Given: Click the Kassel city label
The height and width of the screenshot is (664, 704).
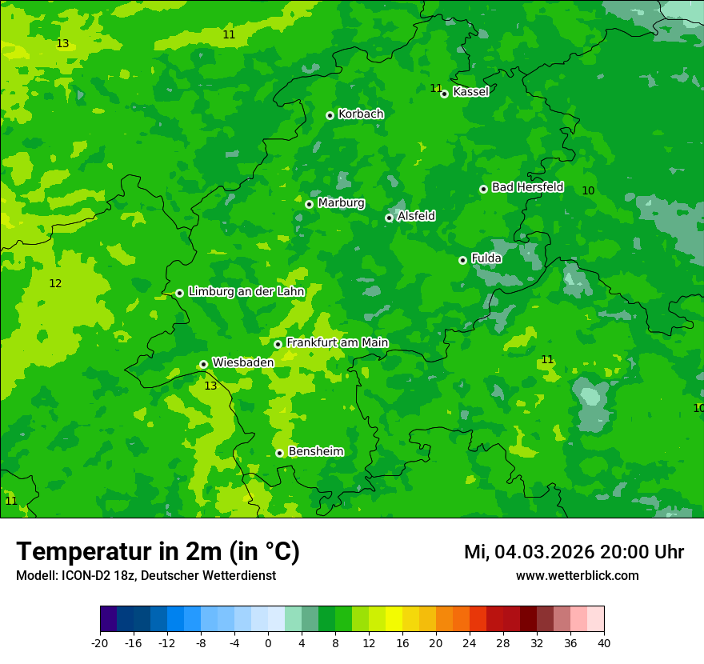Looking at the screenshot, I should (x=470, y=92).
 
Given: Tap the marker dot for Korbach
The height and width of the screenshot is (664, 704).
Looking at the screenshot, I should (x=330, y=115).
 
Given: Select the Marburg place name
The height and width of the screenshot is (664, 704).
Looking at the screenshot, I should (x=341, y=203).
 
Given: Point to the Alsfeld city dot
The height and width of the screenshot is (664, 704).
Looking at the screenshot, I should (x=389, y=218).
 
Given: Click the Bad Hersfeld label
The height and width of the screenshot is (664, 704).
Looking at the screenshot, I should (x=527, y=187).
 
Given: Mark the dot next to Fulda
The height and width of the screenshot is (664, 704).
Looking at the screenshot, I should (x=462, y=260).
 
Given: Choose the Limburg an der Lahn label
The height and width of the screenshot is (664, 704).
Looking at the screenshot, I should (x=246, y=292).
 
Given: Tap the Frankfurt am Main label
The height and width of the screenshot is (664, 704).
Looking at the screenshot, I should (x=337, y=342).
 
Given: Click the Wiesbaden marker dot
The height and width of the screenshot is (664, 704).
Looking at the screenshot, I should (x=204, y=364).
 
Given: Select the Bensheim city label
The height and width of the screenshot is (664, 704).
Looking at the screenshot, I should (x=315, y=451).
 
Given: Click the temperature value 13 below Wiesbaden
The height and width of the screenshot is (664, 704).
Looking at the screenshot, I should (x=210, y=386).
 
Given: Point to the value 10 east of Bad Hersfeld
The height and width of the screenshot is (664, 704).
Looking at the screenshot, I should (x=588, y=190).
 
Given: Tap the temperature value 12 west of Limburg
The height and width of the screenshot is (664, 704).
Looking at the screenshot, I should (x=55, y=283).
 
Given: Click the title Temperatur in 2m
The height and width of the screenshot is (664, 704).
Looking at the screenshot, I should (x=158, y=551).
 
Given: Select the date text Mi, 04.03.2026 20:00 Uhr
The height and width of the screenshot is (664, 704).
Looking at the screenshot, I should (x=574, y=552).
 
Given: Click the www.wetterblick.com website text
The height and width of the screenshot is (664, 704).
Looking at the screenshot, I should (x=577, y=576).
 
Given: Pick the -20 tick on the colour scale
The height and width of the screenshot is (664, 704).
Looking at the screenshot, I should (x=100, y=642).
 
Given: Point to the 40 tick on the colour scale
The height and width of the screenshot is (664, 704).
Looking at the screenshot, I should (x=604, y=642).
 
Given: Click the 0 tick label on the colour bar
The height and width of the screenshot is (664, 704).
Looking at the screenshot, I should (x=268, y=642).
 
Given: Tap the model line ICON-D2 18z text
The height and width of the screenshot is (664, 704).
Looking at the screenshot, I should (x=146, y=576).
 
